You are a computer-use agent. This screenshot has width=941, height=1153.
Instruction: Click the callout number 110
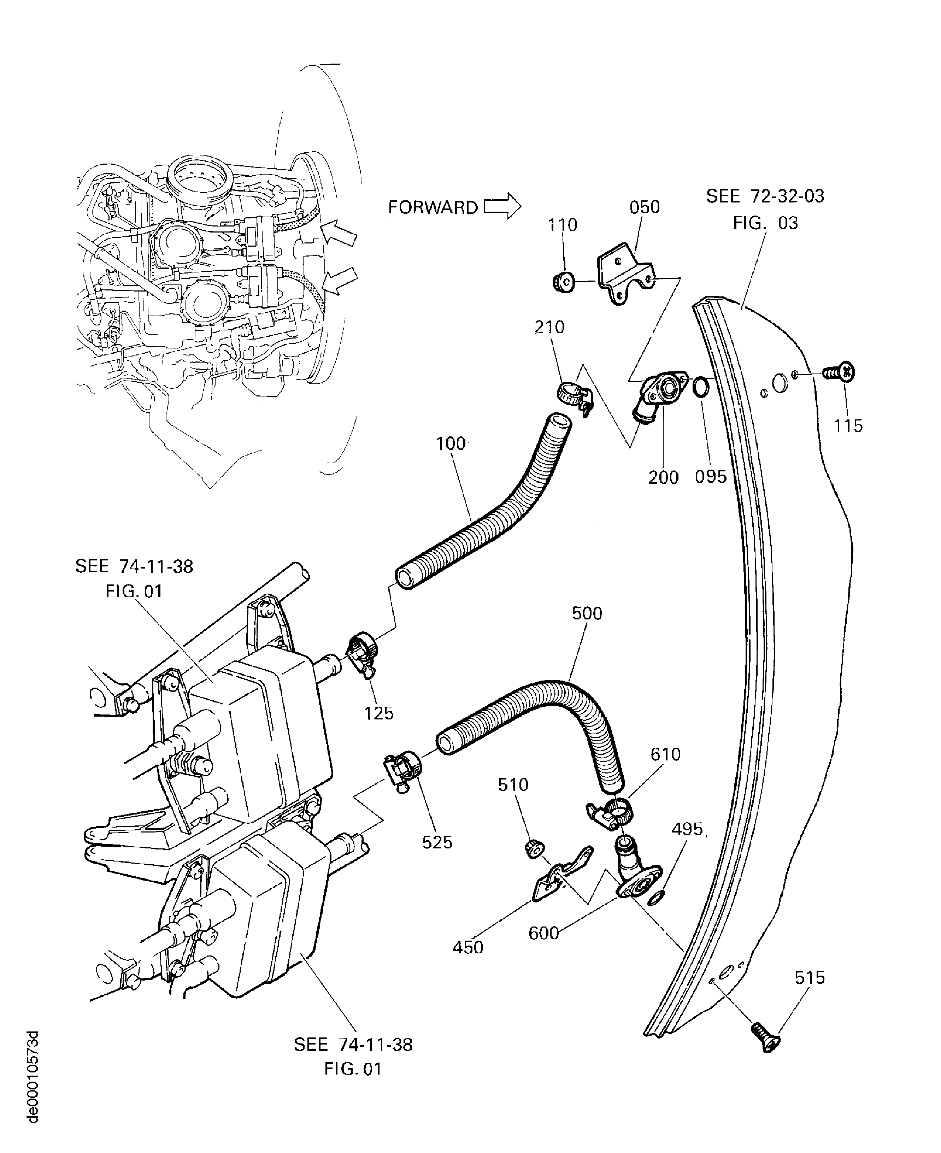click(x=562, y=224)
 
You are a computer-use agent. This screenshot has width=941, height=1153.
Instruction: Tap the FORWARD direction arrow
click(x=501, y=206)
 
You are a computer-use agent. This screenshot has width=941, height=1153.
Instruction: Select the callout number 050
click(x=645, y=207)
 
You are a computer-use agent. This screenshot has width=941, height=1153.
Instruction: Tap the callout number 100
click(x=451, y=444)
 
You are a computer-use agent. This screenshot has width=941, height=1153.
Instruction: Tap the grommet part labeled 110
click(x=562, y=282)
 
